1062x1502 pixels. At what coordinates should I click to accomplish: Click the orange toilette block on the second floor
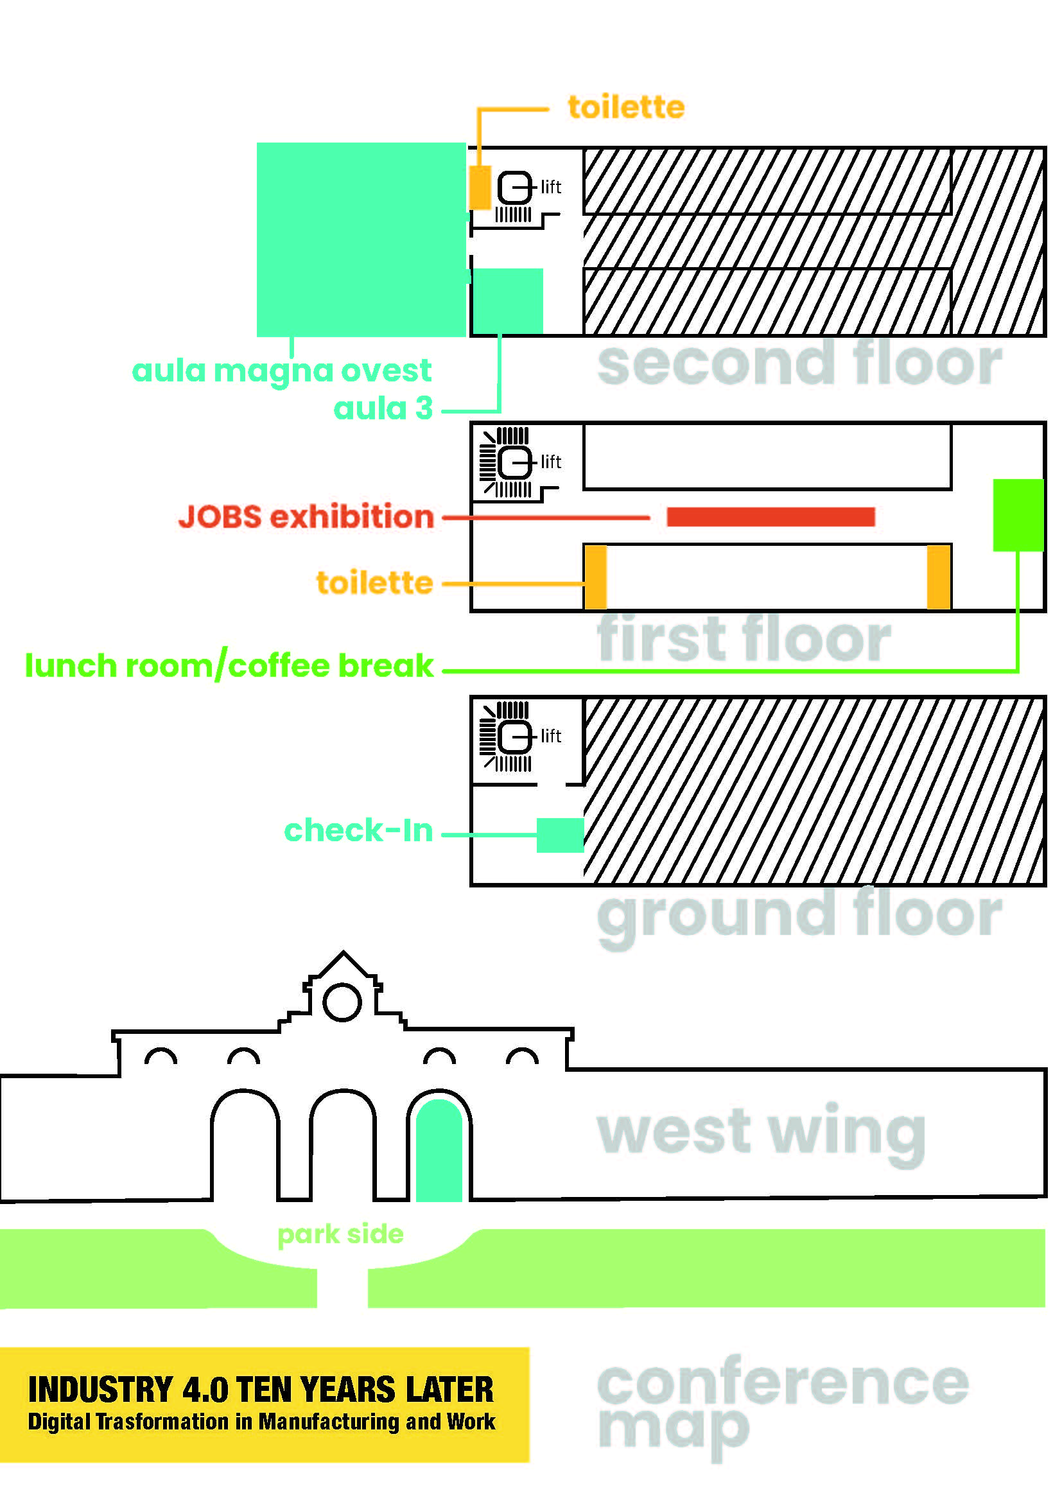point(480,188)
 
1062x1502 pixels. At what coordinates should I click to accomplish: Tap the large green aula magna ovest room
point(361,240)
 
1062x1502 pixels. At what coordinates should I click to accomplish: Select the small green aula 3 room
point(507,301)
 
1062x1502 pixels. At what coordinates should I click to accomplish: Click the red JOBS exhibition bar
point(770,517)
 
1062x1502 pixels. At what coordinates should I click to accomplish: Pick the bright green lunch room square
point(1018,515)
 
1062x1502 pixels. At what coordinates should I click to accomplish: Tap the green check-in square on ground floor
point(561,835)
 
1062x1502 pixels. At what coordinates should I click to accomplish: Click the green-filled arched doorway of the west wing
point(439,1151)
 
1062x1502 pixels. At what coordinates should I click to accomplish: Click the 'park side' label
point(341,1234)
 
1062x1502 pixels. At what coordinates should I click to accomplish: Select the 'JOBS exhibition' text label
point(306,517)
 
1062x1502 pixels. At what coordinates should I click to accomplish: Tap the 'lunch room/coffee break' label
point(229,665)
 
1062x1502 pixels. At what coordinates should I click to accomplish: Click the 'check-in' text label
point(358,831)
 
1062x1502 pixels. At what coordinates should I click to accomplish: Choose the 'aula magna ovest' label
point(281,371)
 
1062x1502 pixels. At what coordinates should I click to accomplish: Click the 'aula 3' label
point(383,409)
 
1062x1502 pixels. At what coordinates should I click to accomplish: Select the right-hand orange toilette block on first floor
point(939,578)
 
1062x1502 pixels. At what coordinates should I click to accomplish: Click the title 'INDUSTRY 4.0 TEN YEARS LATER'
point(261,1390)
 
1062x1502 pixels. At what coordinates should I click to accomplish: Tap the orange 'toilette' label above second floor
point(627,107)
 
